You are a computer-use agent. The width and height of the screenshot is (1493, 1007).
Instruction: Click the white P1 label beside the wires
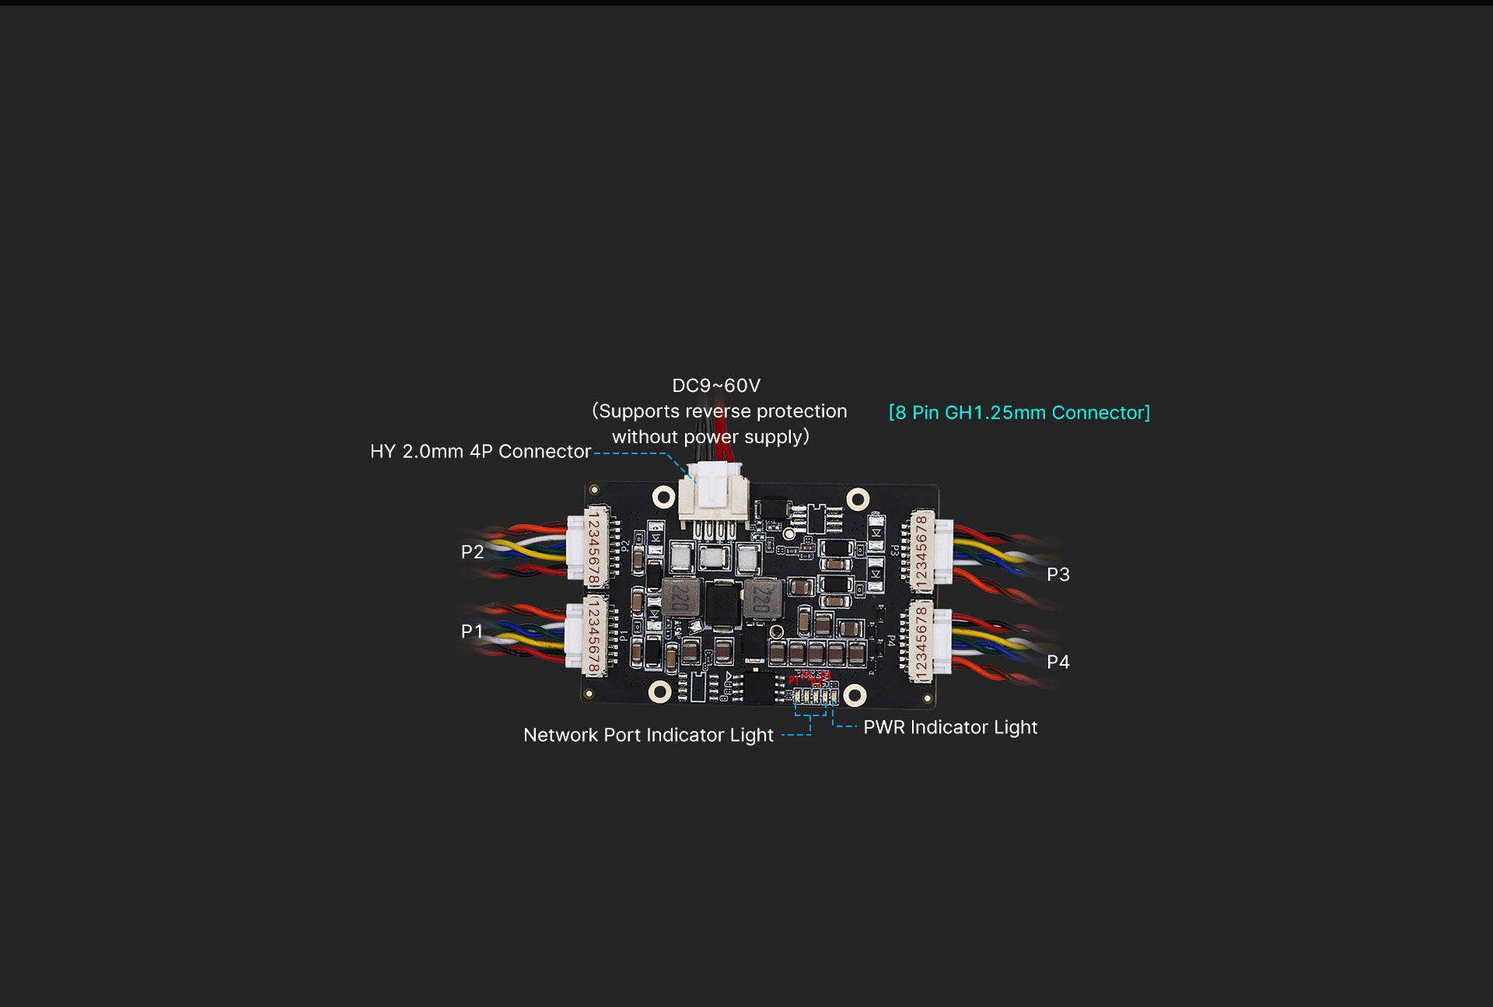point(471,631)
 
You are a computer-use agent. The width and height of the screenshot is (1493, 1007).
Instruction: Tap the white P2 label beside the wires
point(472,552)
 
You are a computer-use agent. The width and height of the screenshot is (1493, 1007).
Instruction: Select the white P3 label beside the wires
point(1058,575)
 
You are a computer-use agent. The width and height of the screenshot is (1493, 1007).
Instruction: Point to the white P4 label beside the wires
point(1058,662)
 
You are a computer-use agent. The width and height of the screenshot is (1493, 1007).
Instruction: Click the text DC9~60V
point(716,386)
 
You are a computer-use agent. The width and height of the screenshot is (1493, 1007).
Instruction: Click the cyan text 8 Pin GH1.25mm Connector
point(1019,413)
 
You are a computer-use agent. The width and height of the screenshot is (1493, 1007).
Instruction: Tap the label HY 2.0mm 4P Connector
point(481,452)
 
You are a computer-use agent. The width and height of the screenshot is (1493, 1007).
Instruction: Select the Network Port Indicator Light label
point(649,736)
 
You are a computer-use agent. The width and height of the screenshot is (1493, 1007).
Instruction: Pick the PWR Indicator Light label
point(950,728)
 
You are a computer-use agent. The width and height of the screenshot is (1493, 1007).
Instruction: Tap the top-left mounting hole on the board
point(663,497)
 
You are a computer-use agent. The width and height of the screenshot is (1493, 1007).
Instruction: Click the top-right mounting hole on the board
point(858,499)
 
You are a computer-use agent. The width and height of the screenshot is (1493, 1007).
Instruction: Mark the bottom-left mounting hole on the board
point(659,691)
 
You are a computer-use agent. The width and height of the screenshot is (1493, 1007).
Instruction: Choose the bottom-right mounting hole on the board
point(855,695)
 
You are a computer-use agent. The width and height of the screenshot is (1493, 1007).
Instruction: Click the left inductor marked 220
point(681,597)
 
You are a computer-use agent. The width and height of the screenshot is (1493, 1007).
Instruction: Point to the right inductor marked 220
point(762,600)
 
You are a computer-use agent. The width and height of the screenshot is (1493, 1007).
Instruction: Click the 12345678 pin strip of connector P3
point(921,552)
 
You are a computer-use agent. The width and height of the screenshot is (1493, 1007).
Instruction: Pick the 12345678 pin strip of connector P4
point(921,642)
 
